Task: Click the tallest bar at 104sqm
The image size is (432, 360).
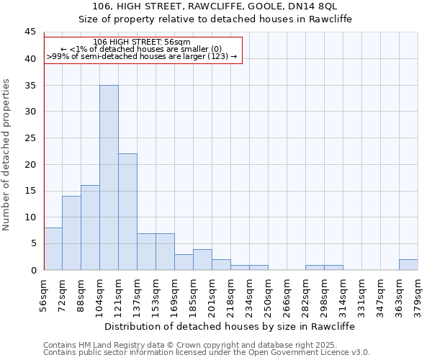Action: click(x=109, y=178)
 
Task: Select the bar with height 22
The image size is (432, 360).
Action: click(x=127, y=212)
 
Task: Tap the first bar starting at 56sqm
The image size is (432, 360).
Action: click(x=53, y=249)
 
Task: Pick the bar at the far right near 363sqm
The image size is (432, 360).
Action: click(x=408, y=265)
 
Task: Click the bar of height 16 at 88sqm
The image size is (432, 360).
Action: click(x=90, y=228)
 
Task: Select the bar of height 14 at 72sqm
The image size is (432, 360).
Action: click(x=71, y=233)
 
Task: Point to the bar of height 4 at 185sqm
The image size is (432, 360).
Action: click(x=202, y=260)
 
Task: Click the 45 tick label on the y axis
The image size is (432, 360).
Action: click(x=30, y=32)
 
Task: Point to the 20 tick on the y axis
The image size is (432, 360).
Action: click(x=30, y=164)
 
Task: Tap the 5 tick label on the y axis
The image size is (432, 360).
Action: click(x=32, y=243)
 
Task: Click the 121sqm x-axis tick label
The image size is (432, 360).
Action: click(x=119, y=293)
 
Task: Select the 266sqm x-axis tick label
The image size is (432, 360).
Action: click(x=287, y=293)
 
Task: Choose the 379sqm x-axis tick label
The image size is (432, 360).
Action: click(x=418, y=293)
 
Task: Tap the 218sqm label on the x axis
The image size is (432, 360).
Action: click(x=231, y=293)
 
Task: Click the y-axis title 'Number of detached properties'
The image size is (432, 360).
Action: click(x=6, y=155)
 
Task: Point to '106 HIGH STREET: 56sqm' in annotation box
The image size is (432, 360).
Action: click(x=142, y=42)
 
